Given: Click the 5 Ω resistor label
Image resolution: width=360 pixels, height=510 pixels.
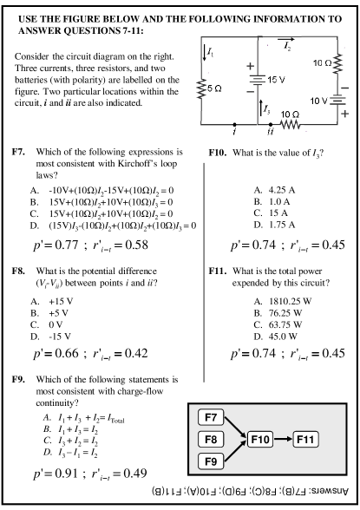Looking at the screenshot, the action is (214, 88).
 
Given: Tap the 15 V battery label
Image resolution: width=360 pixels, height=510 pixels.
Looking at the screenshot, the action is (276, 80).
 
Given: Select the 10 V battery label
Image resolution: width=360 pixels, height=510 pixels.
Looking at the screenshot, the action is (318, 101).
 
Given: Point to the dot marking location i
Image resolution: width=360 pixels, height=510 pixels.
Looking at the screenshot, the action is (235, 124).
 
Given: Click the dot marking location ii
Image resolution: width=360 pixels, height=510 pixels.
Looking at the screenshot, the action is (271, 124).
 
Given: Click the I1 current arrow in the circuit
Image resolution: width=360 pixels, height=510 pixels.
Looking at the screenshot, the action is (204, 53).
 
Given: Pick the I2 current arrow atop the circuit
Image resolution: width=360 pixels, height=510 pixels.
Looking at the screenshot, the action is (286, 39).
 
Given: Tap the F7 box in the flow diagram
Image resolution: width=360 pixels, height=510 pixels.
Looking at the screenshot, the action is (211, 417).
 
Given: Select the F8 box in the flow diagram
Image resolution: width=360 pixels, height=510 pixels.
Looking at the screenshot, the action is (211, 440).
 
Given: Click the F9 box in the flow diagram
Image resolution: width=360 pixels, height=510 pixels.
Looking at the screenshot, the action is (211, 461).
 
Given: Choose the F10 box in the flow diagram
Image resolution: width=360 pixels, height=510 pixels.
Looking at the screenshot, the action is (260, 440).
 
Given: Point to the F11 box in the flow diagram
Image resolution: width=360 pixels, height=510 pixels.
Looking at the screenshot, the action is (305, 440).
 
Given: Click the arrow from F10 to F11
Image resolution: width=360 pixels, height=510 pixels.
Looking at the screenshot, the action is (283, 440).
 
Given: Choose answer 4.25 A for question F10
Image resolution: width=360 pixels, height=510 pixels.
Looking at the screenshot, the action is (282, 190).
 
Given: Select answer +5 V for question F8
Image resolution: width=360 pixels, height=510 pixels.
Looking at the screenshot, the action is (58, 313).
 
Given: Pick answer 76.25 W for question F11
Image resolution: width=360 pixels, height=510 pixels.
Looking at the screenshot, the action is (285, 313).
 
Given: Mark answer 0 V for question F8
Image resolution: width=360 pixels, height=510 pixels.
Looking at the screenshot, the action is (56, 324).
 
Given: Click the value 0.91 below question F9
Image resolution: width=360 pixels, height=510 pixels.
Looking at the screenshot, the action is (66, 473).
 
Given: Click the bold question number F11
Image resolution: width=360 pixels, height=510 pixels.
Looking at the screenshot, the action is (217, 271).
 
